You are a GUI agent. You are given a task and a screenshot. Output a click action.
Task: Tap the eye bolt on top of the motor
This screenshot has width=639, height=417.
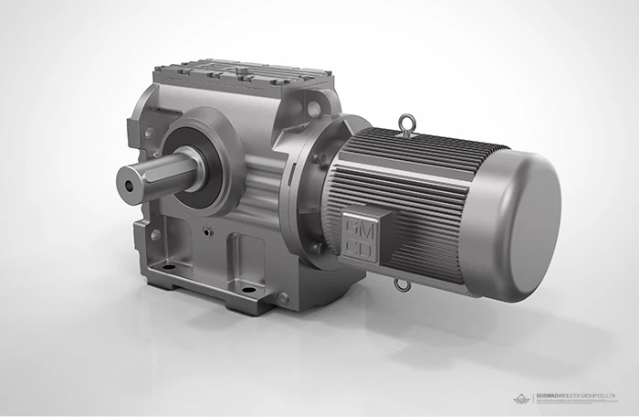coord(403,121)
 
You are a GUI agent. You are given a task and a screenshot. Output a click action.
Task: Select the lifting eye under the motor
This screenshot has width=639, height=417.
coord(401,285)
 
